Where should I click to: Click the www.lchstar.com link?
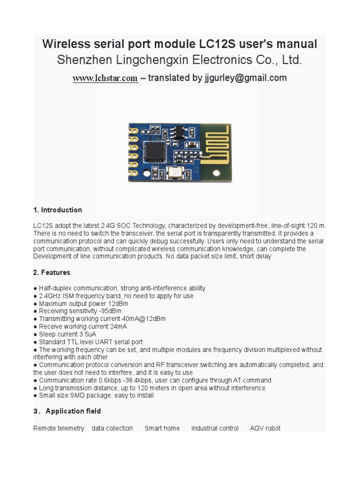105,78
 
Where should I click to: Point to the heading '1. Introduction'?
58,210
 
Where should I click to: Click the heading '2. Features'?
52,272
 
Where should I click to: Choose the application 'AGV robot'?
265,428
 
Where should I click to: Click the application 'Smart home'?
162,428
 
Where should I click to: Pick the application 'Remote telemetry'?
59,428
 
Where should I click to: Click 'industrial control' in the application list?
215,428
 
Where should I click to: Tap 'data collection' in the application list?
112,428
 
